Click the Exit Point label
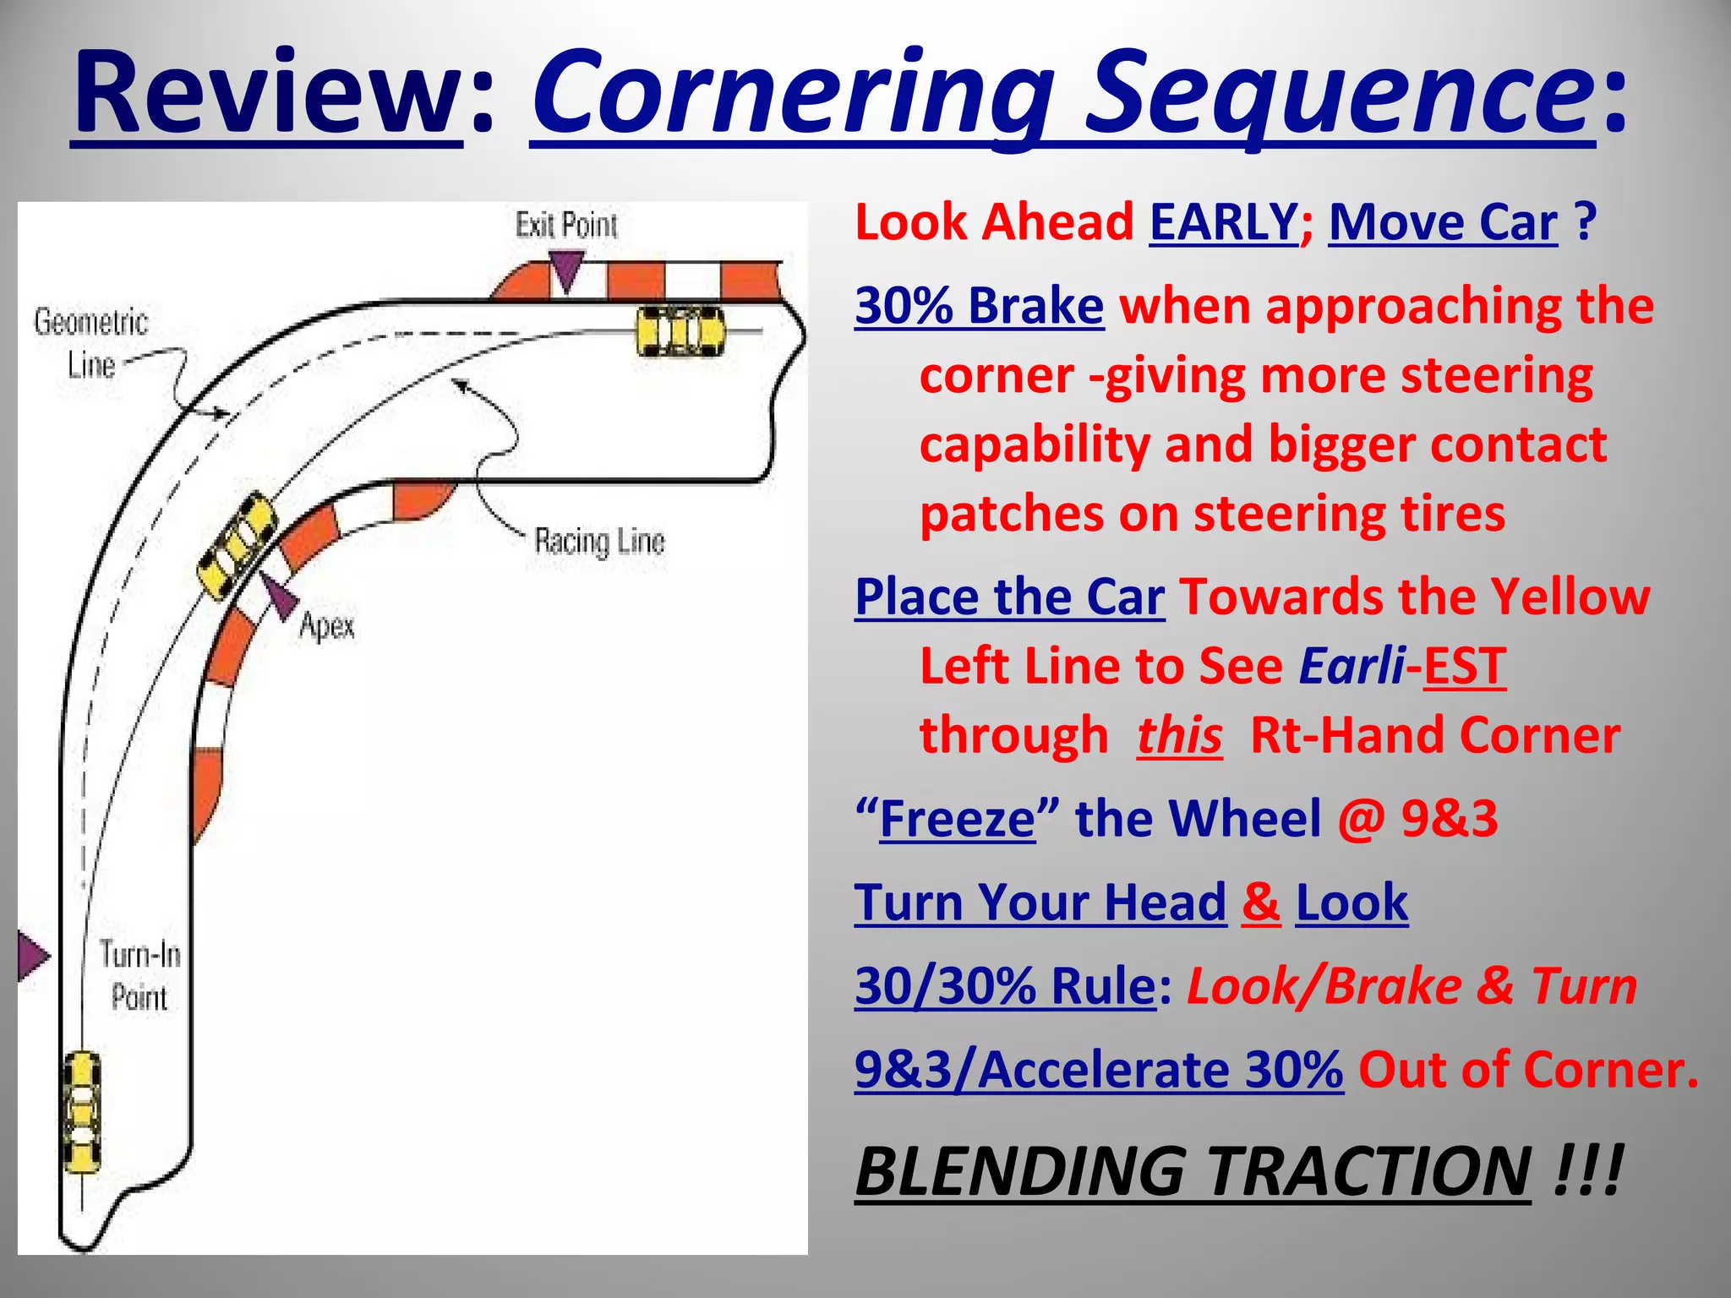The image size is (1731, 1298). [x=566, y=226]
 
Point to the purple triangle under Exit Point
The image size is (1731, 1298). [x=565, y=270]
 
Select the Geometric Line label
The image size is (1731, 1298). [x=90, y=343]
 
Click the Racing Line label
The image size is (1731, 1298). [x=599, y=541]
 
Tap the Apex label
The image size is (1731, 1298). [x=327, y=626]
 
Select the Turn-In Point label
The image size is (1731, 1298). [x=139, y=976]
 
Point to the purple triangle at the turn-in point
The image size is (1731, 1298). [x=32, y=956]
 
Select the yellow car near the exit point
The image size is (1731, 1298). [x=680, y=331]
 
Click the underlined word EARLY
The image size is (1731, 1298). [x=1223, y=222]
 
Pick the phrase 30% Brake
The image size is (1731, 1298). [x=979, y=306]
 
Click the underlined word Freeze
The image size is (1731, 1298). [x=957, y=819]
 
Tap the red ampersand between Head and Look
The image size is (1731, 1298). [x=1260, y=903]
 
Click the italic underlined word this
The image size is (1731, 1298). [x=1179, y=735]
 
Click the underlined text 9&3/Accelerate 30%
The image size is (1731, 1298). [x=1098, y=1070]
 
